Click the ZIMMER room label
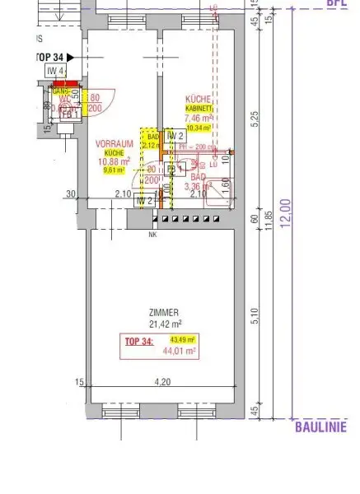point(165,313)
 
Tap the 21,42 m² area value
point(165,324)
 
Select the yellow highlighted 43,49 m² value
point(182,340)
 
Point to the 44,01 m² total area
point(183,351)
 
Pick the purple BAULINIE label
point(320,426)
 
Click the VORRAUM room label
point(115,143)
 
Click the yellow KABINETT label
point(199,109)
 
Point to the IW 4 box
point(56,72)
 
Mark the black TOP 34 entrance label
point(49,57)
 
